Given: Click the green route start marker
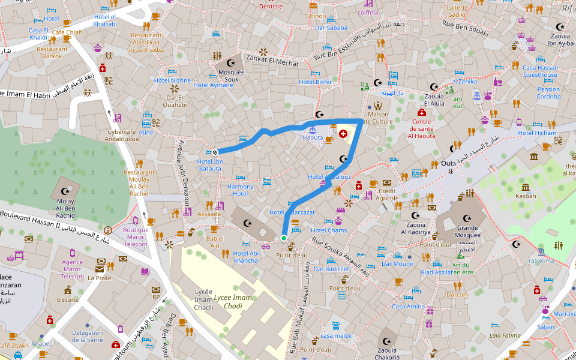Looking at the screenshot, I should (x=283, y=238).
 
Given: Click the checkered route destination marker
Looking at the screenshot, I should (x=214, y=152).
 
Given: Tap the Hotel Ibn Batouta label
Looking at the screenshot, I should (x=209, y=165).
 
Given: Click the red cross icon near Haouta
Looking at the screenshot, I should (x=343, y=133).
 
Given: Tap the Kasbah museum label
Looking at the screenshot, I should (x=526, y=196).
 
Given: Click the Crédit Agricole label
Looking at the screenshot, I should (x=388, y=194).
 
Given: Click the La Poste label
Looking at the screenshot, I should (x=100, y=278).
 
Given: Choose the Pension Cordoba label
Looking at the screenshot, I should (x=548, y=93).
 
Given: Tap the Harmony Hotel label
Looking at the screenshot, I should (x=240, y=190).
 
